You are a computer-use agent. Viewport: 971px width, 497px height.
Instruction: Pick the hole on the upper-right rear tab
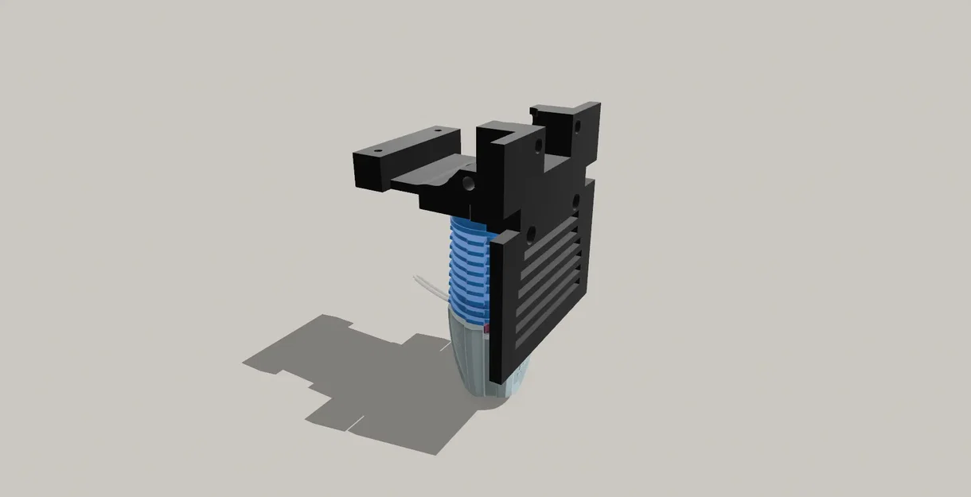coord(576,123)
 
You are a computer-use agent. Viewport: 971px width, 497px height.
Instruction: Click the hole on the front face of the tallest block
coord(539,146)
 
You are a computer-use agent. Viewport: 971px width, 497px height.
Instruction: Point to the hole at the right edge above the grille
coord(575,200)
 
